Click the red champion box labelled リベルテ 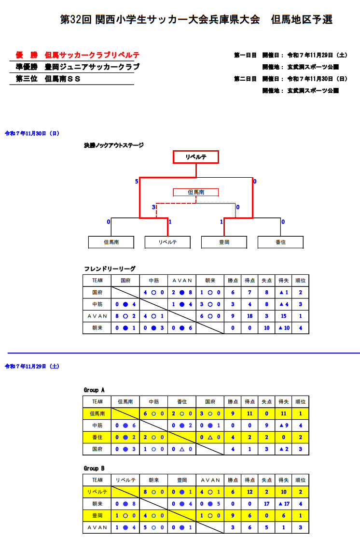(196, 157)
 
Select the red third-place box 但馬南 (196, 192)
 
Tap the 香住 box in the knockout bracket (280, 242)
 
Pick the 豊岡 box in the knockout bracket (224, 242)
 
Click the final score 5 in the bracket (137, 181)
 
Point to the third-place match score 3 (153, 207)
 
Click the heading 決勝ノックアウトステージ (114, 145)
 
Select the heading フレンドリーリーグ (110, 269)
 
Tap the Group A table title (94, 390)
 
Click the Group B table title (94, 468)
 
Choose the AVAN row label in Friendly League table (97, 316)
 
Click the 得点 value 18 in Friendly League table (250, 316)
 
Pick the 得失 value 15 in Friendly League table (283, 316)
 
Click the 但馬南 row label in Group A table (97, 413)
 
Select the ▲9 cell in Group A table (284, 425)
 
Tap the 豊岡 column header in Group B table (182, 480)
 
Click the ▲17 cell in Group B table (284, 504)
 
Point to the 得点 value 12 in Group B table (250, 492)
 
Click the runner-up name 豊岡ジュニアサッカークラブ (92, 67)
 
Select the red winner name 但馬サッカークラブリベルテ (92, 55)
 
